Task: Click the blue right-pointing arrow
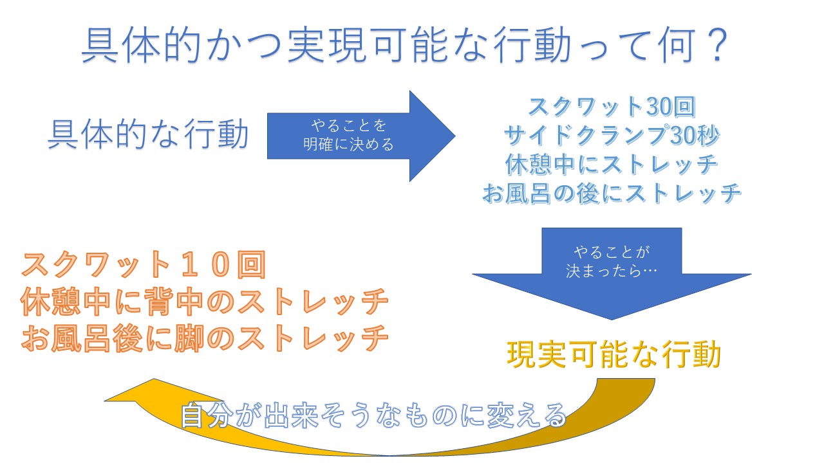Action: coord(360,136)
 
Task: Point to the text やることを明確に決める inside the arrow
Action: coord(348,135)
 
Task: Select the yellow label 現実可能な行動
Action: coord(613,354)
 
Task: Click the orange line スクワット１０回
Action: coord(144,265)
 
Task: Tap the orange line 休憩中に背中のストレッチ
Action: coord(205,302)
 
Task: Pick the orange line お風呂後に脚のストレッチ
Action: coord(205,339)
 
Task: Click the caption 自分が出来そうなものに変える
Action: coord(373,416)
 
